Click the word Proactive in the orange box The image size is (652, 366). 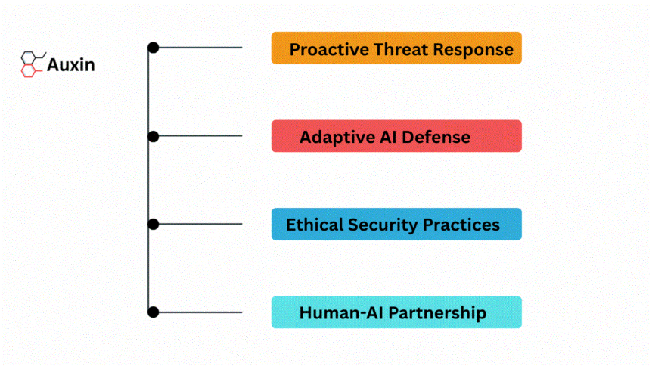(329, 49)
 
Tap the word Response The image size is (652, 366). (473, 50)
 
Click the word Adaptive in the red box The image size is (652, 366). (337, 138)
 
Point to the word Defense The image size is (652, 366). (436, 138)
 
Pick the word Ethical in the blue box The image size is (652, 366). (314, 225)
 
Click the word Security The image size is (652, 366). (383, 225)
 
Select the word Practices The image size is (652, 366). (461, 225)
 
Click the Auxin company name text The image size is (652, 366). (70, 65)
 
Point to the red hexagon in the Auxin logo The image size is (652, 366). (28, 71)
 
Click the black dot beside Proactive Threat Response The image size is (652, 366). (154, 48)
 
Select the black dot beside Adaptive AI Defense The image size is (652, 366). (154, 136)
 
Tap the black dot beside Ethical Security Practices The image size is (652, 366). (154, 224)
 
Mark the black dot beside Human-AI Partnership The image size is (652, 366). (154, 312)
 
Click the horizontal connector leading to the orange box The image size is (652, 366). (198, 48)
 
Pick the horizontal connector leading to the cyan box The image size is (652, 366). (198, 312)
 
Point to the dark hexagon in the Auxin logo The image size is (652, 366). (28, 57)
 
